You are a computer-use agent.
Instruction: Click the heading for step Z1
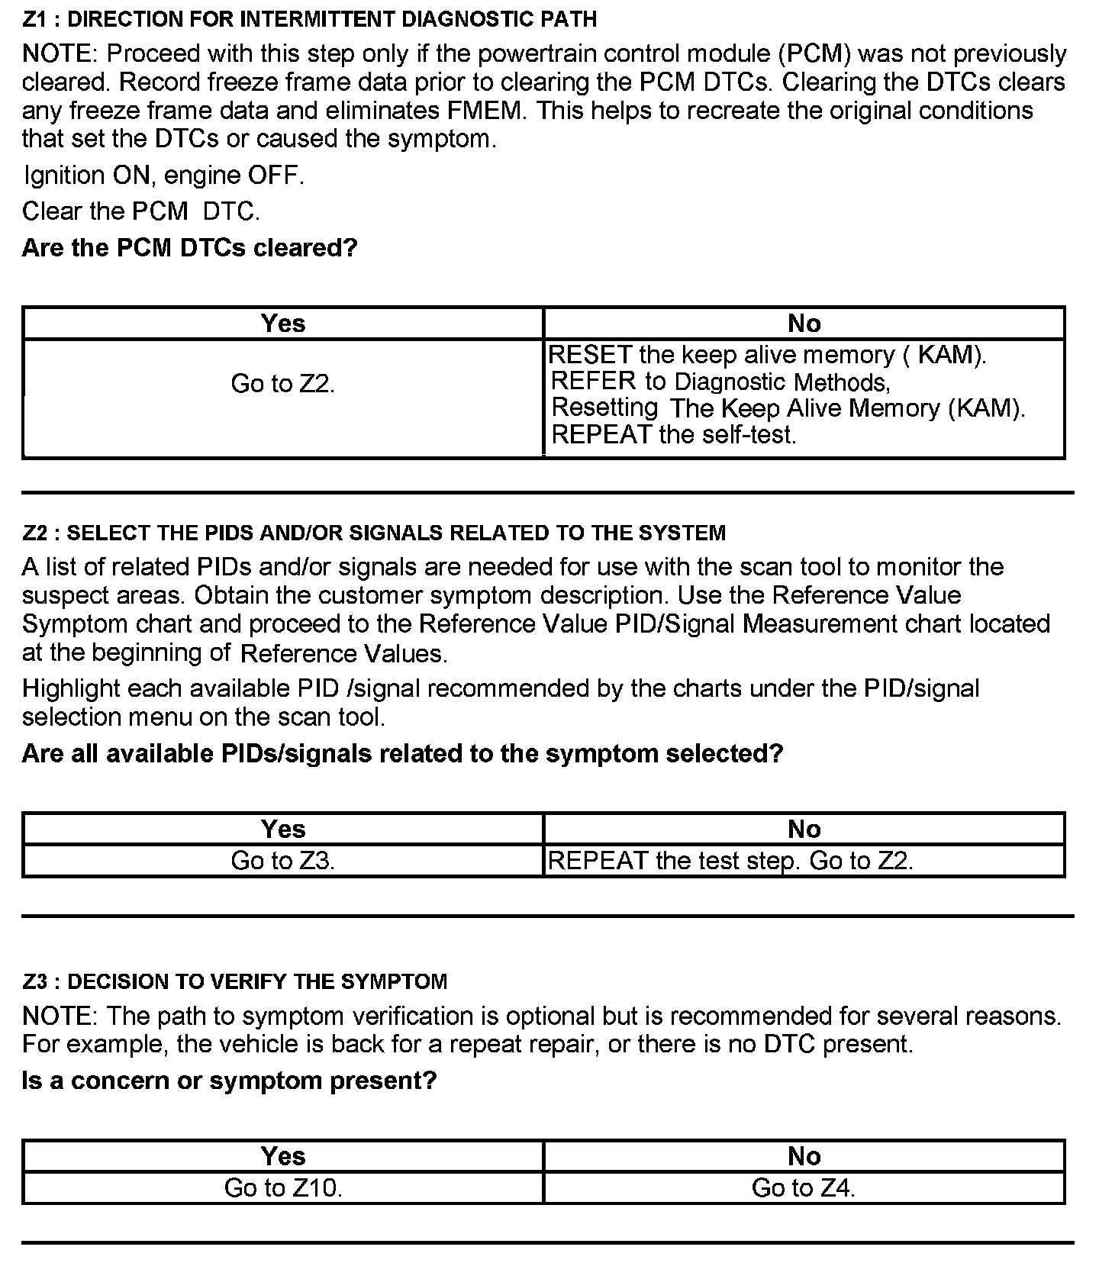pos(309,19)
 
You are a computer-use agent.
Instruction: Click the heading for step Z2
pos(374,533)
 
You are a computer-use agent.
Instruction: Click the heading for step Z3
pos(235,981)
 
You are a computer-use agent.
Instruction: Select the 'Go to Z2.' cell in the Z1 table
pos(283,384)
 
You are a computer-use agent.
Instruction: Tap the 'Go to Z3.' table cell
pos(283,861)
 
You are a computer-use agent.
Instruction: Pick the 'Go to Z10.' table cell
pos(283,1188)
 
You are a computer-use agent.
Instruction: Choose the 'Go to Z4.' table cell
pos(804,1188)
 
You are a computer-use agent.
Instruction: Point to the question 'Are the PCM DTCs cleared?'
pos(190,248)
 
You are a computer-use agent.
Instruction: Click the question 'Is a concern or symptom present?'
pos(229,1081)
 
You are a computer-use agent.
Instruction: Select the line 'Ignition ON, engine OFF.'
pos(164,176)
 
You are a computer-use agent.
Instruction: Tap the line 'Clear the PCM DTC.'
pos(141,211)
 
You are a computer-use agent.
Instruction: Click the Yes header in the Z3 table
pos(283,1156)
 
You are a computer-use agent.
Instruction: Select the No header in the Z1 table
pos(804,324)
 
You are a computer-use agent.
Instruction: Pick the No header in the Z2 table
pos(804,830)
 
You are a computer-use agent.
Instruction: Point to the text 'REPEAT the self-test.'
pos(673,435)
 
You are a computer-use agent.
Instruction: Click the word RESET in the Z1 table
pos(590,355)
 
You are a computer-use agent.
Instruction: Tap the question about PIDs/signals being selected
pos(402,754)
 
